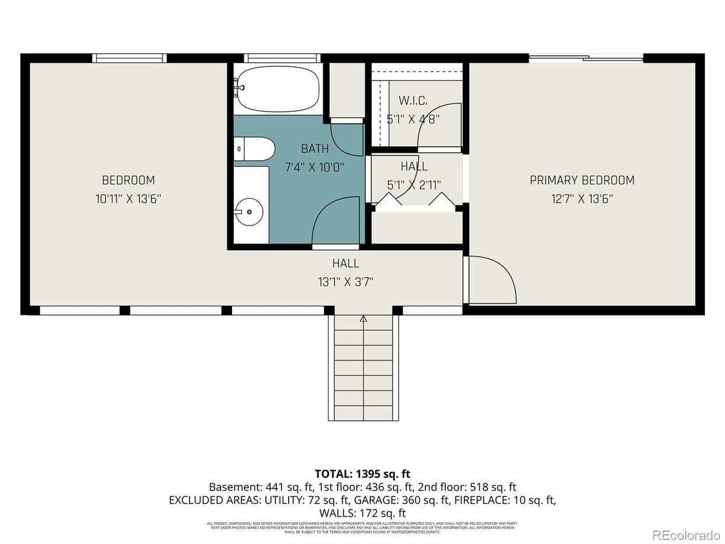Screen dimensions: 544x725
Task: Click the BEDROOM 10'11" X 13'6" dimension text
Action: (x=128, y=199)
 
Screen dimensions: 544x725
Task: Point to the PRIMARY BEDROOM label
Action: (x=582, y=180)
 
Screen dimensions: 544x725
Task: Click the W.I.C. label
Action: (x=413, y=100)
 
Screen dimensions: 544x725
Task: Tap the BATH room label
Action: (x=315, y=149)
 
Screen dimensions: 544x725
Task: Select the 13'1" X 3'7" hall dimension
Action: (x=345, y=281)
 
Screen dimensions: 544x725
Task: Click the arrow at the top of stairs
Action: (x=364, y=319)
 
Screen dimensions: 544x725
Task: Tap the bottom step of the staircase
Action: (x=363, y=413)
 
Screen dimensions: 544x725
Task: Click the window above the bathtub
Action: (x=282, y=58)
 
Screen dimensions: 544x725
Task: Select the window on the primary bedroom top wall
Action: (x=585, y=58)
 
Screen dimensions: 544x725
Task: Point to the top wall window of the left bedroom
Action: (x=129, y=58)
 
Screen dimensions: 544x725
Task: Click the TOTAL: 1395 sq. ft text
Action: (x=362, y=473)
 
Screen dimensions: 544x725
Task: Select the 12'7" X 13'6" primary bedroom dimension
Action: (x=582, y=199)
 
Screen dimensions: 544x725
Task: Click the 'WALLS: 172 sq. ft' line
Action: (x=362, y=513)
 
